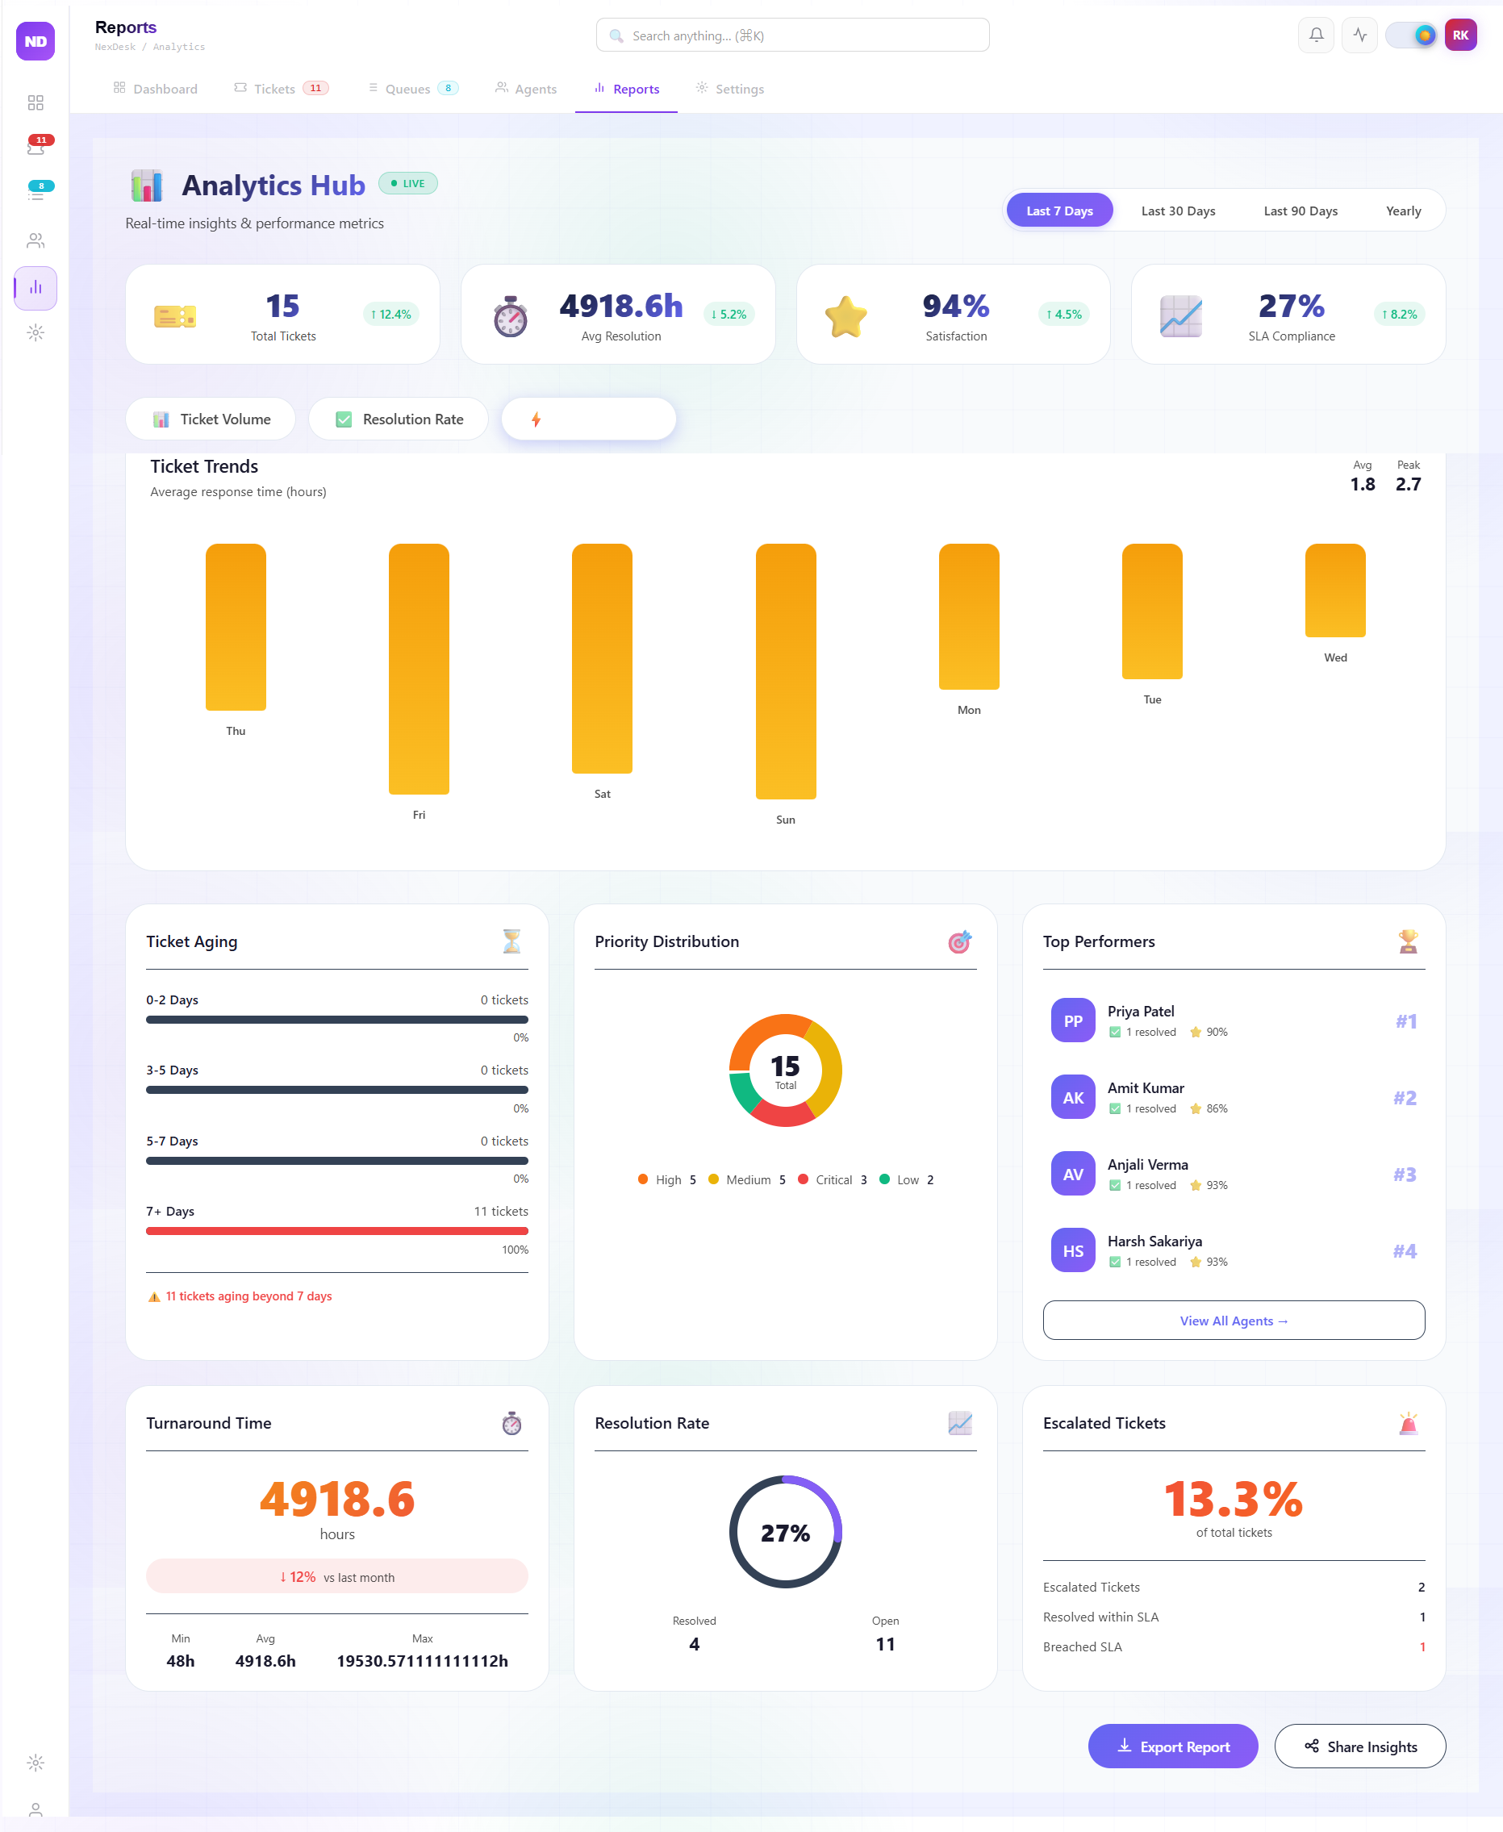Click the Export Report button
(x=1172, y=1746)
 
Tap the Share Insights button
(x=1359, y=1746)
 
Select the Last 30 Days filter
(x=1177, y=211)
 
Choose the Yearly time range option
(x=1403, y=211)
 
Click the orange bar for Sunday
(x=785, y=671)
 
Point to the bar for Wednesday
(x=1335, y=590)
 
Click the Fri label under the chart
(x=419, y=815)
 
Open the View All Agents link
(x=1233, y=1321)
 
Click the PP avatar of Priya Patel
(x=1073, y=1020)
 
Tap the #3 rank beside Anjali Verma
(x=1405, y=1175)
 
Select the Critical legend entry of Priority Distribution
(x=832, y=1179)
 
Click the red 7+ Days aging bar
(x=336, y=1230)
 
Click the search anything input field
(x=792, y=35)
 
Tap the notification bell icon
(x=1315, y=35)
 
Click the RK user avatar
(x=1459, y=35)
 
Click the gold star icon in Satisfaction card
(x=845, y=316)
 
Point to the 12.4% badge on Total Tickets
(x=390, y=315)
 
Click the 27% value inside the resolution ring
(x=785, y=1534)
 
